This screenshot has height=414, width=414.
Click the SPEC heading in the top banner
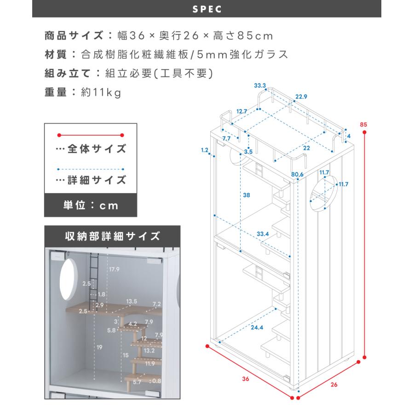tap(207, 9)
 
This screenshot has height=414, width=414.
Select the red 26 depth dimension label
tap(334, 385)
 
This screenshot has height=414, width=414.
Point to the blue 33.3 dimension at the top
tap(260, 86)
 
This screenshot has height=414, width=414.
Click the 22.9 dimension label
tap(301, 97)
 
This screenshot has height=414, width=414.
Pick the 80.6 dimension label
tap(298, 174)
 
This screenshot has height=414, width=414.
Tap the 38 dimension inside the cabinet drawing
tap(246, 195)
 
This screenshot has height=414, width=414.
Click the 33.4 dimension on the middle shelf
tap(263, 234)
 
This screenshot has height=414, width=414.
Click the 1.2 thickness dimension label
tap(205, 150)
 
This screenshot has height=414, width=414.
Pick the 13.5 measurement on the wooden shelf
tap(132, 301)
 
